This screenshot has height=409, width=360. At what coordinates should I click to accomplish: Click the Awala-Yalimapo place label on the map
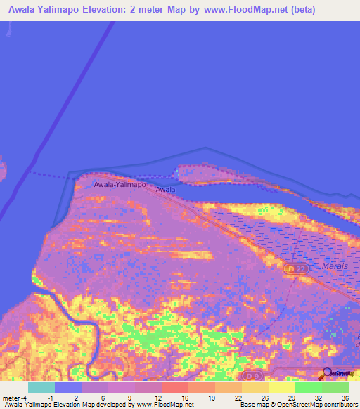(120, 184)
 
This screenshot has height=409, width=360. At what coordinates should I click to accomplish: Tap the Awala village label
(165, 190)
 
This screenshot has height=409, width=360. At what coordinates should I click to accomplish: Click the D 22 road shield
(297, 269)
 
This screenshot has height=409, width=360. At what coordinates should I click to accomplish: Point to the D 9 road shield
(252, 377)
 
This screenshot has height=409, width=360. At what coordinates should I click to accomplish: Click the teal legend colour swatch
(41, 387)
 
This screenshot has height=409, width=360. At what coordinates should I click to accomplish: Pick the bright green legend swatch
(309, 387)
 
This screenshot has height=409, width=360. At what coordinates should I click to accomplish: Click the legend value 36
(345, 398)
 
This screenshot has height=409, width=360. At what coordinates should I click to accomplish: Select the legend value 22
(238, 398)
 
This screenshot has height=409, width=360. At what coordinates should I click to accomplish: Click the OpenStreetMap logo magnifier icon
(326, 373)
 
